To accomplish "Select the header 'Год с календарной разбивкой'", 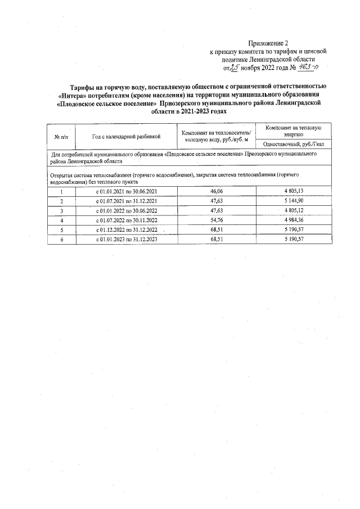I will pos(127,136).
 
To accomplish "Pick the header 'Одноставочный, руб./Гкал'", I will pos(294,144).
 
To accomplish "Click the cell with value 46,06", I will pos(217,191).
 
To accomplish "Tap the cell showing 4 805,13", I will pos(294,191).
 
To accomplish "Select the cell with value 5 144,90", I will pos(294,201).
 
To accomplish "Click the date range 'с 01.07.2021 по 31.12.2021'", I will pos(127,201).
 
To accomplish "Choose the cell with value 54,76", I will pos(217,220).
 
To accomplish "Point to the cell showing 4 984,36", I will pos(294,220).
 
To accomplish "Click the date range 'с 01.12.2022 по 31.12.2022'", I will pos(127,229).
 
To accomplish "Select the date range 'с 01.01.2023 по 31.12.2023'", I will pos(127,239).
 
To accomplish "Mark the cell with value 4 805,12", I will pos(294,210).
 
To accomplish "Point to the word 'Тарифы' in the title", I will pos(83,87).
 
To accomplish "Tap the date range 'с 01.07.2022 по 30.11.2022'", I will pos(127,220).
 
